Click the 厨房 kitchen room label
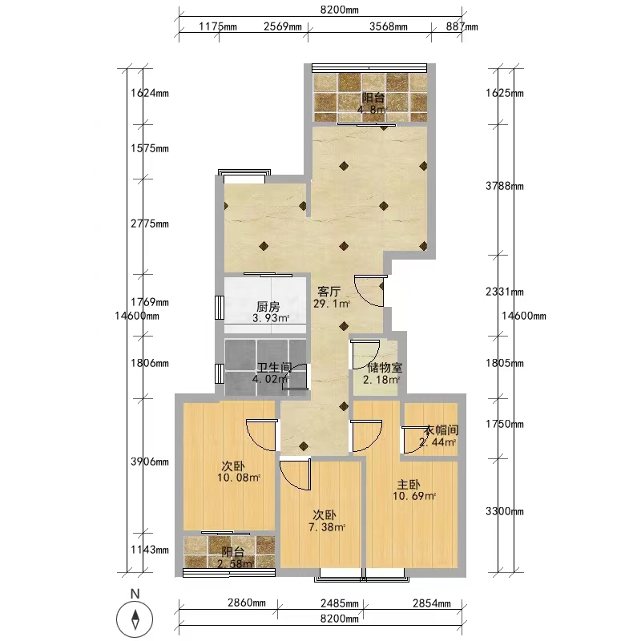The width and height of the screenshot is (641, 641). pos(268,306)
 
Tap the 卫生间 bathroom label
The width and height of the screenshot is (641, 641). pos(274,367)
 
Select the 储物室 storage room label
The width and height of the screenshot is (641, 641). pos(385,368)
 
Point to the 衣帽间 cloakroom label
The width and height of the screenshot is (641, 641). pos(441,430)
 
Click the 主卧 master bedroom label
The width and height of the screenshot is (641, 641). pos(409,485)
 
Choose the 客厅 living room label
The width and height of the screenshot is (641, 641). pos(329,292)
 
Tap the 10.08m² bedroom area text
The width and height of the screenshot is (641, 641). pos(239,478)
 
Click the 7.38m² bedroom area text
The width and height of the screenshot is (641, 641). pos(327,527)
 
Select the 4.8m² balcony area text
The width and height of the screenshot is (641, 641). pos(372,110)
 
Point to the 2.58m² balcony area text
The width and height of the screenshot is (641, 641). pos(235,564)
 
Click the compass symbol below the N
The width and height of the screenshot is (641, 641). pos(135,619)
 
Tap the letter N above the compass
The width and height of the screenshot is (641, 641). pos(135,594)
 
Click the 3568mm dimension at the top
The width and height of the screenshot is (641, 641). pos(389,26)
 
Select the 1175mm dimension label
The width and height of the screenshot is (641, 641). pos(218,26)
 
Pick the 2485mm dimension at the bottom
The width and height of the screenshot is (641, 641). pos(340,603)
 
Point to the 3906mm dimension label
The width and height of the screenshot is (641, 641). pos(150,462)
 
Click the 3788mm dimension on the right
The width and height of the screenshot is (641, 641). pos(505,186)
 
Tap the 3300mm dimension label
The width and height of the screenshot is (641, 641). pos(505,511)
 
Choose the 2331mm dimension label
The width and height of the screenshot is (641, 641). pos(505,292)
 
